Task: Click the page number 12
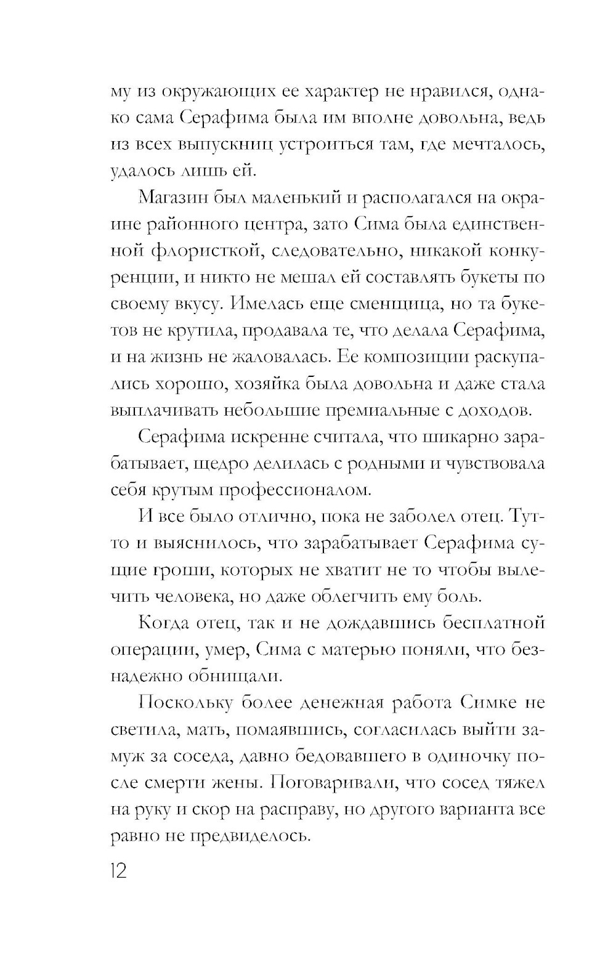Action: pyautogui.click(x=118, y=871)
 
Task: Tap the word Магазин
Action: pyautogui.click(x=172, y=198)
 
